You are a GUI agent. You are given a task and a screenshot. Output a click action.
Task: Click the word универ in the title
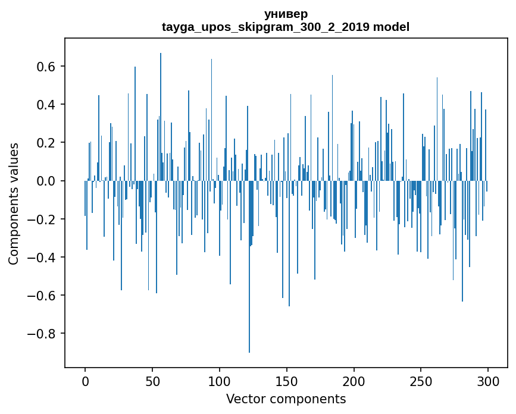click(x=286, y=14)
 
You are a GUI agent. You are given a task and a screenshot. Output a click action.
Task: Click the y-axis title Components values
click(x=14, y=203)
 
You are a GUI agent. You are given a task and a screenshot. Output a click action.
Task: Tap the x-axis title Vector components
click(x=286, y=399)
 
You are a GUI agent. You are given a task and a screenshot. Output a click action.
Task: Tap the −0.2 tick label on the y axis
click(x=42, y=219)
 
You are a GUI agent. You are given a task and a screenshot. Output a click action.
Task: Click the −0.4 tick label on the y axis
click(x=42, y=257)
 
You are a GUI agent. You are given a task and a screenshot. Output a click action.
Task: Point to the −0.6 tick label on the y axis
click(x=42, y=295)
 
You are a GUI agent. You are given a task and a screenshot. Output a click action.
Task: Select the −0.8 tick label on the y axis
click(x=42, y=333)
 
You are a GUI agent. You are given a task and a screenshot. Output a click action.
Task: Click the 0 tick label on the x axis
click(x=85, y=380)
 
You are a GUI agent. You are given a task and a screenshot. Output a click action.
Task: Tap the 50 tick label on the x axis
click(x=152, y=380)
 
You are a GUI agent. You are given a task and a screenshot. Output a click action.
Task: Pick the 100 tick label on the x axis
click(x=220, y=380)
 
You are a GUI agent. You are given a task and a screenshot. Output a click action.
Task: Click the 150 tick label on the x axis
click(x=287, y=380)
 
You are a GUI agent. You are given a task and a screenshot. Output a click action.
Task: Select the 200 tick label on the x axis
click(x=354, y=380)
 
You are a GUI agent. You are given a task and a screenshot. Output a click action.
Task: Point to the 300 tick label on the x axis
click(x=488, y=380)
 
